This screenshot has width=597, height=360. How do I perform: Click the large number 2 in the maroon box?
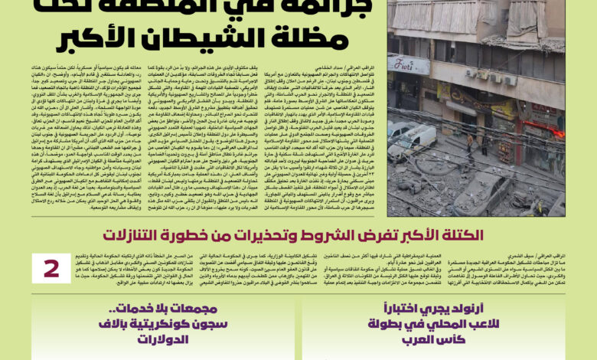pos(51,268)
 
